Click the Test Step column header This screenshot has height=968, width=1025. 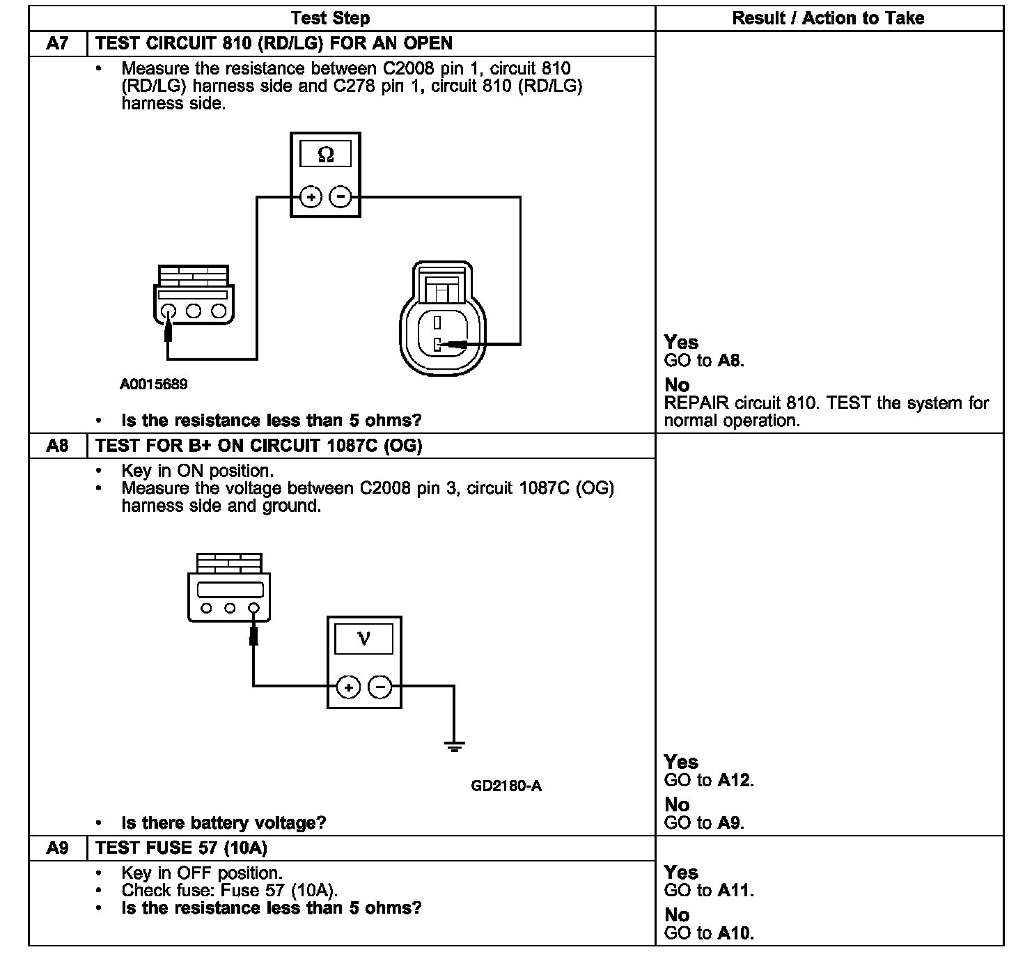coord(330,18)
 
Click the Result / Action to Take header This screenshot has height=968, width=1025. coord(828,18)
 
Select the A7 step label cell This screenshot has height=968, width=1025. coord(58,43)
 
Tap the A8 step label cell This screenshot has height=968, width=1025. coord(58,446)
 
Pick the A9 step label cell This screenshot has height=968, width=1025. coord(58,848)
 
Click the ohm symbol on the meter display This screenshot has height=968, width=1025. coord(325,155)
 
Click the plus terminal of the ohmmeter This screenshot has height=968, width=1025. coord(311,197)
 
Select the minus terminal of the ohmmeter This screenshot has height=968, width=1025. coord(340,197)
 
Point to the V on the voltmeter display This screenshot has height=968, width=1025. coord(363,638)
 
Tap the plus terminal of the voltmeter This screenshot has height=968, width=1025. coord(348,687)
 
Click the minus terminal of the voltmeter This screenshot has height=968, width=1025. coord(380,687)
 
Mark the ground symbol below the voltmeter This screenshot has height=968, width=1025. coord(454,747)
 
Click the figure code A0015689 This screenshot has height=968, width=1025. coord(153,384)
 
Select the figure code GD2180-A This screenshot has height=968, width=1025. coord(506,786)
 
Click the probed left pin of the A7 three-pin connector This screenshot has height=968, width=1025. coord(168,311)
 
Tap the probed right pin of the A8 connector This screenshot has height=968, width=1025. coord(253,608)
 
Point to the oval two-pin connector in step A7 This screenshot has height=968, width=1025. coord(443,320)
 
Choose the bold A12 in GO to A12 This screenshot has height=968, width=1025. coord(735,781)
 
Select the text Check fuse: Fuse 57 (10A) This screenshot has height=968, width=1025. coord(229,891)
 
